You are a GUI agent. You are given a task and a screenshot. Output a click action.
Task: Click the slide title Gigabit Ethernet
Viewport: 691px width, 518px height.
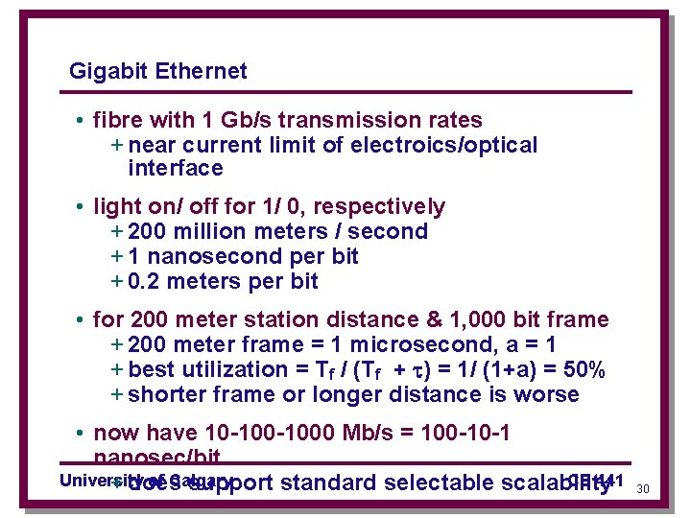click(x=158, y=71)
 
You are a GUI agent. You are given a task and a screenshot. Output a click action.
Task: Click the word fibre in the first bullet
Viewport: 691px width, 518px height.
click(x=116, y=120)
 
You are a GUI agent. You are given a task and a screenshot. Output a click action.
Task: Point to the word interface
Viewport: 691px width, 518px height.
click(x=175, y=169)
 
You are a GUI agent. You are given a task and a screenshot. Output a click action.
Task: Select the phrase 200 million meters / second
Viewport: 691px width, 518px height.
click(x=277, y=231)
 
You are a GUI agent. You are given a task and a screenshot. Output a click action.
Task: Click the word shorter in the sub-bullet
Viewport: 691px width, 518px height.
click(x=164, y=394)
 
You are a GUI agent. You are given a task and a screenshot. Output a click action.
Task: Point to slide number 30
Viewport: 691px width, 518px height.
click(x=643, y=489)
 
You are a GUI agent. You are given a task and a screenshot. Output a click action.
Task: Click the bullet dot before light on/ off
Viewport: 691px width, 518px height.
click(x=83, y=207)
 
